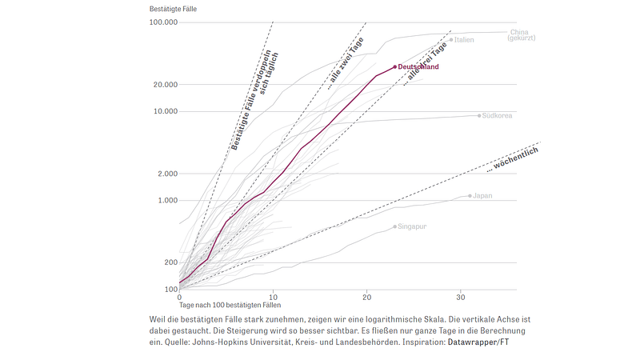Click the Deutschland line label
point(418,67)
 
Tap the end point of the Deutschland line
point(395,67)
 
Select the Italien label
point(465,39)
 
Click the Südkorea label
point(497,115)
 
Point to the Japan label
point(483,195)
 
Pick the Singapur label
point(413,226)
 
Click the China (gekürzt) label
point(520,35)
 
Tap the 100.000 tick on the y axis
point(163,22)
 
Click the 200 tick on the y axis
point(170,262)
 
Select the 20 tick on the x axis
point(367,296)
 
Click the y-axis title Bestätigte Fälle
point(173,8)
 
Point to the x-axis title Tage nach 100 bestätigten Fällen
point(230,305)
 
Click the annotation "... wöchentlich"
point(513,158)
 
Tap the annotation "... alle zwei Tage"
point(346,61)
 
